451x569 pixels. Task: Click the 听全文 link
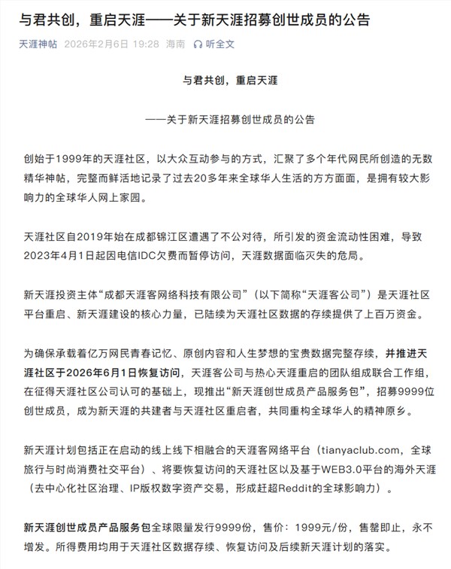219,44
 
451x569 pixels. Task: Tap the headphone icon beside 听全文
198,44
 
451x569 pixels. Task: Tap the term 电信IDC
153,256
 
